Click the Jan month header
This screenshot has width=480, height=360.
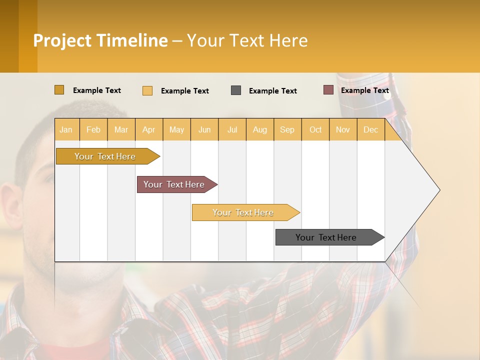click(x=66, y=129)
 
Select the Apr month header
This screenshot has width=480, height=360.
click(x=149, y=129)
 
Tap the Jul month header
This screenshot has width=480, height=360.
click(x=232, y=129)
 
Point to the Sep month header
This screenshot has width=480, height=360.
click(x=287, y=129)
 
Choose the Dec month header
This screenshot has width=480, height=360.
click(x=370, y=129)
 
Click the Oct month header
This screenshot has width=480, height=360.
click(x=315, y=129)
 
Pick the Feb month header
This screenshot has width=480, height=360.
click(x=93, y=129)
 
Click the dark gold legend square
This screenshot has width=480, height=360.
click(x=59, y=90)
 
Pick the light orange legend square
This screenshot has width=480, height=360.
click(x=147, y=90)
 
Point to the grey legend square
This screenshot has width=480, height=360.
click(x=236, y=90)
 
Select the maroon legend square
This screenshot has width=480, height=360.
click(x=328, y=90)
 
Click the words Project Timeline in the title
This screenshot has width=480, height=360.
click(x=100, y=40)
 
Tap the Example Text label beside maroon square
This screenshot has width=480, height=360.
click(x=365, y=90)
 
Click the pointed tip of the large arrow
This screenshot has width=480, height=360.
click(x=438, y=189)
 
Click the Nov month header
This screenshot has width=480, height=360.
click(x=343, y=129)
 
